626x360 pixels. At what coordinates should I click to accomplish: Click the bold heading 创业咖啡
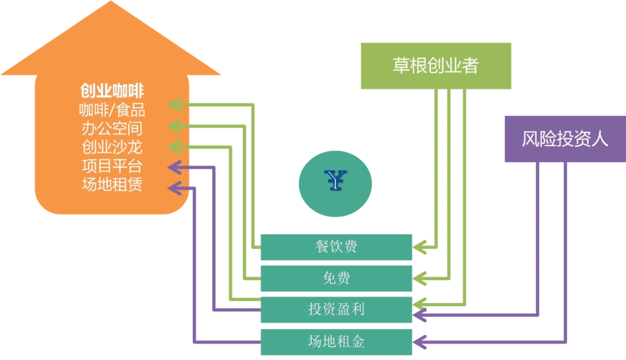(112, 91)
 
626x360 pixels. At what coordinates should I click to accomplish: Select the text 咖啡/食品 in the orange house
(112, 110)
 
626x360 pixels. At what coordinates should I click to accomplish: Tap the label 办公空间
(112, 129)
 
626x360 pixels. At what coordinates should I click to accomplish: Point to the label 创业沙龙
(112, 148)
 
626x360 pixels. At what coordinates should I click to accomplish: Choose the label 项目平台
(112, 166)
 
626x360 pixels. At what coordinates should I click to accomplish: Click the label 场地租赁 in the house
(112, 185)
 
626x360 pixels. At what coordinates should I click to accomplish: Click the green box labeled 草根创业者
(435, 66)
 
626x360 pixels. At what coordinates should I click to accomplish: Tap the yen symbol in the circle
(335, 183)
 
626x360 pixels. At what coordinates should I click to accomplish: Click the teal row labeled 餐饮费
(336, 246)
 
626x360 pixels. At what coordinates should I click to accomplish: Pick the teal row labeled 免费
(336, 278)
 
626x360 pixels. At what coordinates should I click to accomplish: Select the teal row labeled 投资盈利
(336, 310)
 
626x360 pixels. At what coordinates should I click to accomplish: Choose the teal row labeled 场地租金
(336, 341)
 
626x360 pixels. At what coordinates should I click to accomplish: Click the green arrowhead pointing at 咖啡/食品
(174, 105)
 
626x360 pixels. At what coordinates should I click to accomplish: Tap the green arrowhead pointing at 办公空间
(174, 126)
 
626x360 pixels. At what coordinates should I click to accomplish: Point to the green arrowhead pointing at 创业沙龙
(174, 147)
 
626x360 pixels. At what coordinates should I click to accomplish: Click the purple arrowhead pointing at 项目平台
(174, 168)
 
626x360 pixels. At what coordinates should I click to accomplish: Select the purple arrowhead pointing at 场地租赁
(174, 189)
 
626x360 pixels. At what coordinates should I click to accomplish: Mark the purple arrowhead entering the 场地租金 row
(422, 341)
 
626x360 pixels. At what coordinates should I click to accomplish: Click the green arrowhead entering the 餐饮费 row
(422, 246)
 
